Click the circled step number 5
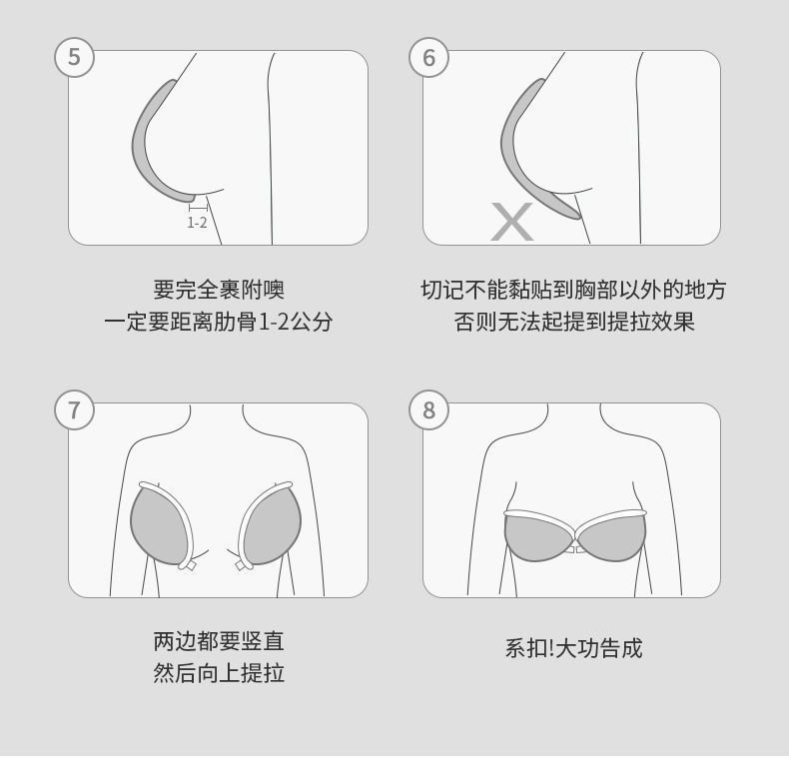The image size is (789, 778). click(75, 57)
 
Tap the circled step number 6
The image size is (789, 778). click(428, 57)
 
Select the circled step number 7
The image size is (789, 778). click(75, 409)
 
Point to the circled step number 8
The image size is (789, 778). click(428, 409)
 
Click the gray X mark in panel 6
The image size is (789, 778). click(511, 222)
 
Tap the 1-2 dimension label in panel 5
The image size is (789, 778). click(197, 223)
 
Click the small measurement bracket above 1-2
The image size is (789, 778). click(199, 208)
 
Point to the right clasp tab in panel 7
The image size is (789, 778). click(244, 565)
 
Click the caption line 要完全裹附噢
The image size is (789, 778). click(219, 290)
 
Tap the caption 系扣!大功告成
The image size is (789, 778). click(573, 647)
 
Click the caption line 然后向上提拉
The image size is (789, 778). click(219, 673)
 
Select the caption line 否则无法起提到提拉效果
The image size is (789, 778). click(574, 322)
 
